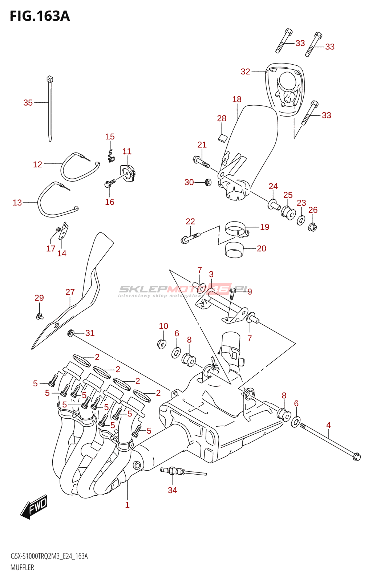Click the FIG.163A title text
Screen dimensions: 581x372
(40, 16)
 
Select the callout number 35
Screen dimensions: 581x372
(28, 103)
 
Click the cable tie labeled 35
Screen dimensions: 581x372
(50, 109)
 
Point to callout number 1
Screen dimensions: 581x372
(127, 505)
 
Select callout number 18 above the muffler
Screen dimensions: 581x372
(237, 99)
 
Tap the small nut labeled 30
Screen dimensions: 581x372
(208, 182)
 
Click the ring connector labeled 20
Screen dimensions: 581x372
(234, 250)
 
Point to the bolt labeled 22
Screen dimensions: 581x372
(190, 237)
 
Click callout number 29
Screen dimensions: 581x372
(39, 298)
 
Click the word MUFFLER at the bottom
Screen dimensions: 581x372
(22, 567)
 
